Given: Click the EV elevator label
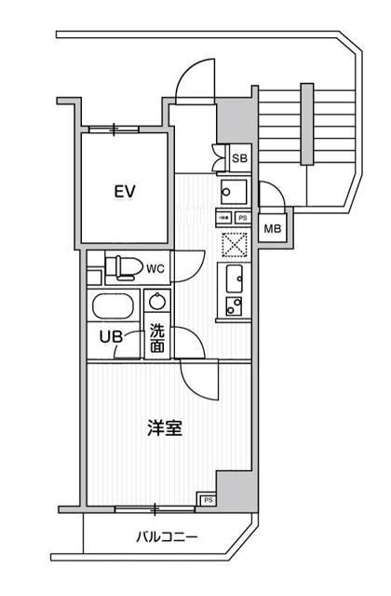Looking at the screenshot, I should coord(126,192).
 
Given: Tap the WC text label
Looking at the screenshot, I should coord(155,269).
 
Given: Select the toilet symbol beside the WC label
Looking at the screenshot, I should coord(119,268).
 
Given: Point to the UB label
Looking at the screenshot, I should coord(112,337).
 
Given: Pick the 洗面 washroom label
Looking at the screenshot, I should coord(157,336).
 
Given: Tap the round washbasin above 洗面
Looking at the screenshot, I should coord(157,303).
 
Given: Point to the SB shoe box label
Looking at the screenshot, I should coord(239,159).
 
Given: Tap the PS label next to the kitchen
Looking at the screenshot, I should coord(242,217).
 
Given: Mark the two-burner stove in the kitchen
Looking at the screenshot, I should coord(234,304).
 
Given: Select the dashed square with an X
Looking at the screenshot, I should coord(233,244).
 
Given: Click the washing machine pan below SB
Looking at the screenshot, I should coord(232,191).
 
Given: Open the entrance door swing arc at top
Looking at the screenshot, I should coord(195,79).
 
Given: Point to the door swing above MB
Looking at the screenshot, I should coord(273,197).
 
